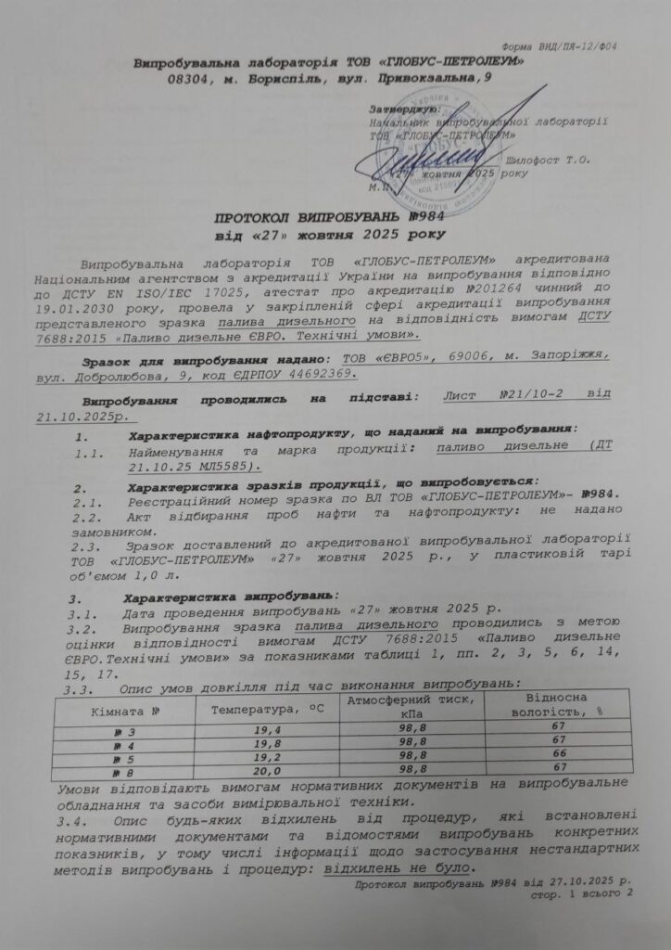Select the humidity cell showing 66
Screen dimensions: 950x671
point(558,755)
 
